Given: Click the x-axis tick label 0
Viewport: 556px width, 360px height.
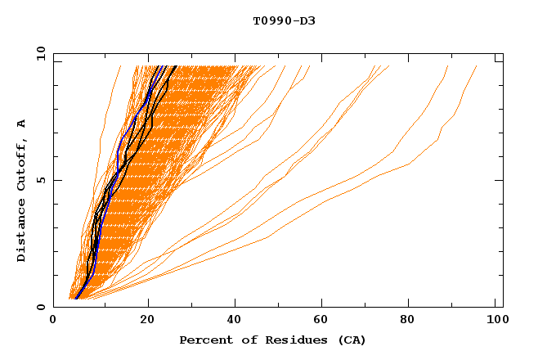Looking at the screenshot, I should (54, 321).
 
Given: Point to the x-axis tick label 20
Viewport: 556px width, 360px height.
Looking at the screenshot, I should (147, 321).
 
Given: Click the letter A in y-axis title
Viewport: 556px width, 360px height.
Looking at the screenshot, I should (22, 124).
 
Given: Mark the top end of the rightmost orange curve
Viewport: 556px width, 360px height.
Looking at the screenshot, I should (477, 66).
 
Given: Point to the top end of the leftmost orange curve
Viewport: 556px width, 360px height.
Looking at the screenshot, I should (120, 66).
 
